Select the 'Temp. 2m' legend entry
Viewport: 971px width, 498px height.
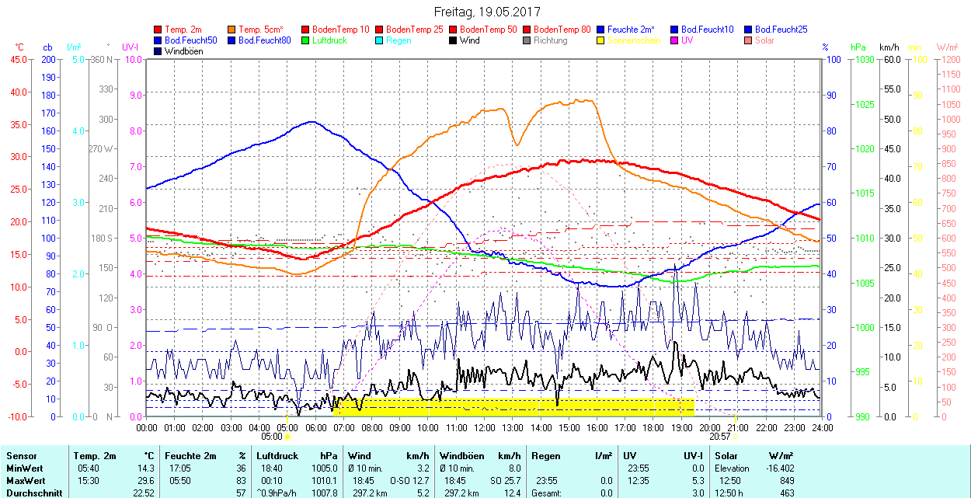[x=183, y=30]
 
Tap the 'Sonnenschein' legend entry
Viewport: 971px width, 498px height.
[x=634, y=40]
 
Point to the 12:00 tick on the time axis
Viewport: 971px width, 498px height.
[x=484, y=427]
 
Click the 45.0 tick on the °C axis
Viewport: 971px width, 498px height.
[x=16, y=59]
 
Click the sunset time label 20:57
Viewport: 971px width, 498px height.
[x=720, y=437]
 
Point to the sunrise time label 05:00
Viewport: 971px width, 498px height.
[x=272, y=437]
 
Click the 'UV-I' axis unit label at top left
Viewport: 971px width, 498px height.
[x=131, y=47]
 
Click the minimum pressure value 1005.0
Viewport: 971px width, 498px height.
[x=325, y=468]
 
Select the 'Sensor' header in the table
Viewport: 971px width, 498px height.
[x=21, y=456]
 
